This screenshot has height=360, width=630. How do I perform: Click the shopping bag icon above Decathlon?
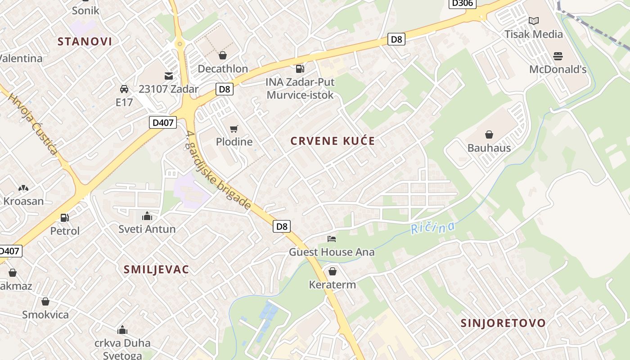[x=222, y=55]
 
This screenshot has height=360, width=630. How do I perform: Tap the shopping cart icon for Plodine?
[x=234, y=129]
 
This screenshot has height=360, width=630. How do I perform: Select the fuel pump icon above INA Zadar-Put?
[x=299, y=68]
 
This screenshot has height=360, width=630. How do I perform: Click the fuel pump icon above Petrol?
[x=65, y=218]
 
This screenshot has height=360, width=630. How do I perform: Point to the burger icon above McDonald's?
[x=558, y=56]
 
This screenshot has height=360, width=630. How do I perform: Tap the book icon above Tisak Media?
[x=534, y=21]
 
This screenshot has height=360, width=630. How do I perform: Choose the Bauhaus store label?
[x=489, y=148]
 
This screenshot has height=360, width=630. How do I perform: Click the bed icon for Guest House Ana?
[x=332, y=238]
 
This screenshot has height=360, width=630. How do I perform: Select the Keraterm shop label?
[x=332, y=284]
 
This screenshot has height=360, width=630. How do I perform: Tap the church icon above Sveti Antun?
[x=147, y=216]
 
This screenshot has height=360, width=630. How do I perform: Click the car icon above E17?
[x=124, y=89]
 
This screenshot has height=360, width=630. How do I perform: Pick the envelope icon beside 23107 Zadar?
[x=168, y=76]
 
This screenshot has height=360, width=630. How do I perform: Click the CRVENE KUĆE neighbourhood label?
[x=333, y=141]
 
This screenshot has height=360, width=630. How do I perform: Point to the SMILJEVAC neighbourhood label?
[x=156, y=270]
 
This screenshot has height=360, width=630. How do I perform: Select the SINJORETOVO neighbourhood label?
[x=503, y=323]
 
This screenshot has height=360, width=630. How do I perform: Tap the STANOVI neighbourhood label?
[x=85, y=41]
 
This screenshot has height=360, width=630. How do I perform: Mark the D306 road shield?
[x=462, y=3]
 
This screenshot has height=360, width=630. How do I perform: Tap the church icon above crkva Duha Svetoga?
[x=122, y=330]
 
